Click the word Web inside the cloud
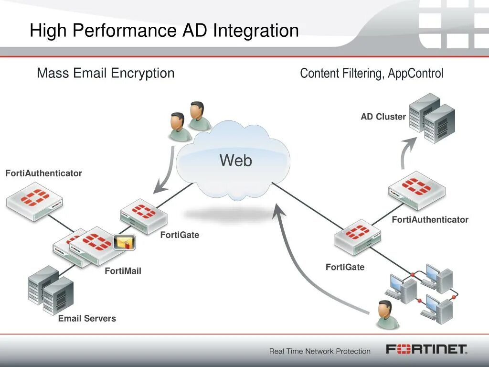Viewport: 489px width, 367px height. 235,161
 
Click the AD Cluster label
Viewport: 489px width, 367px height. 383,117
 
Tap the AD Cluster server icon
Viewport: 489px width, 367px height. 432,118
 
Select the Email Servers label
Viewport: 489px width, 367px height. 87,318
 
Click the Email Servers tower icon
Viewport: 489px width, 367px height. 50,290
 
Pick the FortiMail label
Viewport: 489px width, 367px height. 123,271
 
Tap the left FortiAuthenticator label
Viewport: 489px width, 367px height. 43,173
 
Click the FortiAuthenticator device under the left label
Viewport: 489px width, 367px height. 34,204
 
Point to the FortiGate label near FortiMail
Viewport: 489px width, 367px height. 180,235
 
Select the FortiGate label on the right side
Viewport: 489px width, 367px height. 345,267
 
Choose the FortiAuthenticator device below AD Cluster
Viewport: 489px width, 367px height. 416,190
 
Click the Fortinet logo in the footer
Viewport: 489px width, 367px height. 426,349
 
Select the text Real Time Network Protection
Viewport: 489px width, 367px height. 319,351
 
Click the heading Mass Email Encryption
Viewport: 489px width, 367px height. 106,73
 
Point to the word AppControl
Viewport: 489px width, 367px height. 415,74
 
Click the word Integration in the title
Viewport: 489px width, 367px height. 256,31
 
